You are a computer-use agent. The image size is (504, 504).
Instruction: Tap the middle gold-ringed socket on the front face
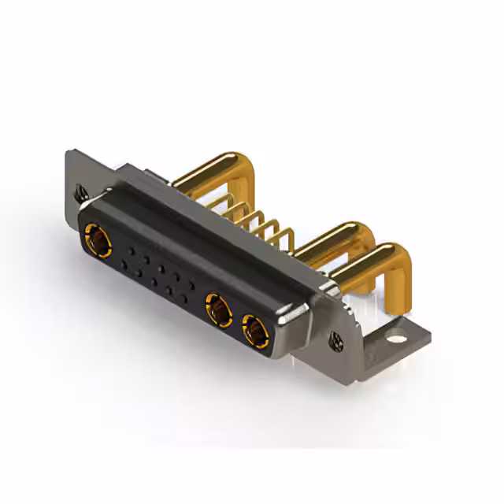[218, 309]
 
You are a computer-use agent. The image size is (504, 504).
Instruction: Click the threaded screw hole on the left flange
[80, 191]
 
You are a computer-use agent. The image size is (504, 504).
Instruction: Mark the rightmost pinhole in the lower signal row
[183, 300]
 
